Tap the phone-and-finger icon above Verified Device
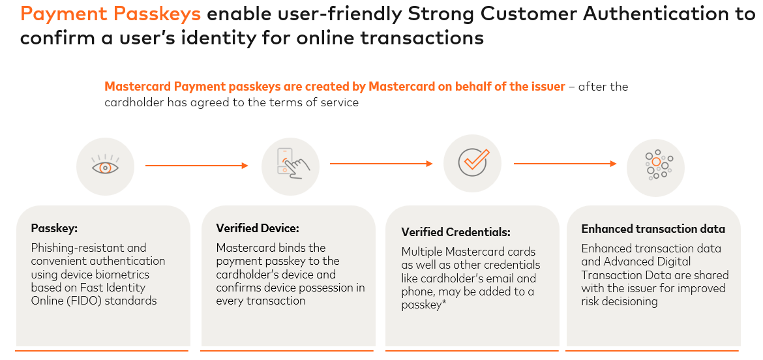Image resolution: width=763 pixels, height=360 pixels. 290,166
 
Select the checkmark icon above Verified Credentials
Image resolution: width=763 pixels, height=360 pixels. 473,162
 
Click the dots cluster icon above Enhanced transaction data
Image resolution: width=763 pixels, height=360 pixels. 656,166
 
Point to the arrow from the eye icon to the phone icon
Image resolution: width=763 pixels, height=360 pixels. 196,166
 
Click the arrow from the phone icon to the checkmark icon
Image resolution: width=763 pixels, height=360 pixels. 381,164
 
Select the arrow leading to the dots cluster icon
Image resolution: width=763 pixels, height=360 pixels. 565,164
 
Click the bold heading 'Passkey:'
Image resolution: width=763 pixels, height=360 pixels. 54,228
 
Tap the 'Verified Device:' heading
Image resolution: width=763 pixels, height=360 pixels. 258,228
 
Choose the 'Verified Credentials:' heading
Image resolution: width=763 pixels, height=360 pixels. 456,232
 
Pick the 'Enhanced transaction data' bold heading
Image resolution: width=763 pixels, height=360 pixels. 653,229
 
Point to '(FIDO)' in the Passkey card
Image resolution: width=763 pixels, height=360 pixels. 95,301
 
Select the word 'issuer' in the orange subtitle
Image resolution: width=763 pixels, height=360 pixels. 547,87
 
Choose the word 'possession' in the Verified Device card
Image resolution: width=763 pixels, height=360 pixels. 323,288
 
